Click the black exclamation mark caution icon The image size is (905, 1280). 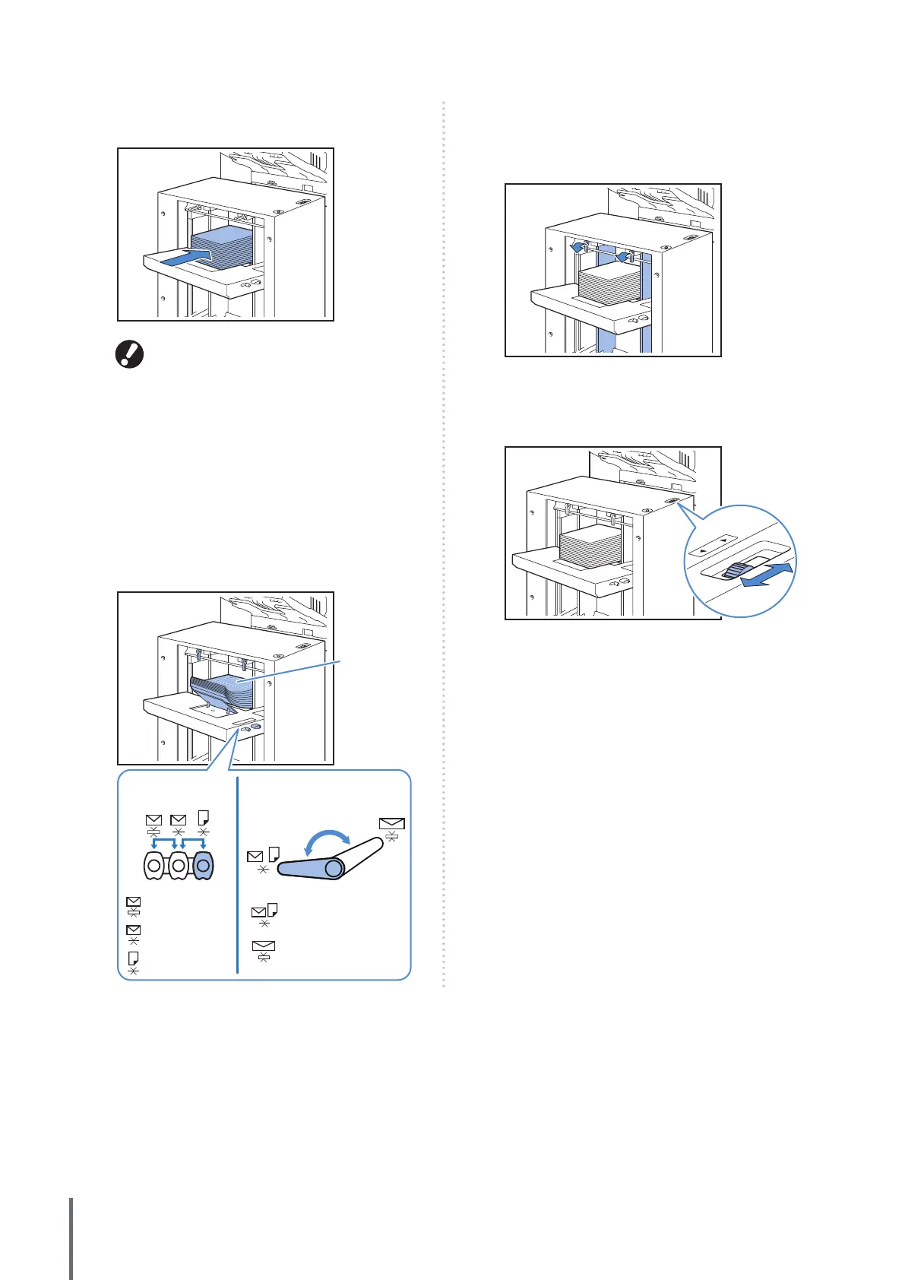click(x=129, y=355)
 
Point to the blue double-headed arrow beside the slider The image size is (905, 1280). click(x=767, y=575)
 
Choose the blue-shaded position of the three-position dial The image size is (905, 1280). click(x=204, y=865)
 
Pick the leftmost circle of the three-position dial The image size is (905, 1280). click(x=154, y=865)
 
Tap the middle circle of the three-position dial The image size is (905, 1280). click(x=179, y=865)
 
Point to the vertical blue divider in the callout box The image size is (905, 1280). click(x=238, y=874)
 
